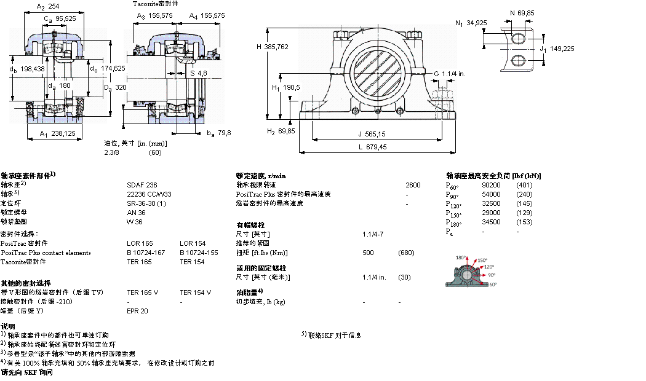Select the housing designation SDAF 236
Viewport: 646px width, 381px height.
pos(138,184)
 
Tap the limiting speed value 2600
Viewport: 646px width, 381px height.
pos(413,184)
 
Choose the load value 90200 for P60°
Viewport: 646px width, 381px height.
pos(491,185)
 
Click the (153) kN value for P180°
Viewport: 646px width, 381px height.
pos(524,222)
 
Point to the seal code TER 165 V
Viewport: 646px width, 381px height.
pos(142,293)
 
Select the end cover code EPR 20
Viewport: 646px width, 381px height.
pos(137,311)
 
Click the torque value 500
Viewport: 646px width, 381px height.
pos(368,253)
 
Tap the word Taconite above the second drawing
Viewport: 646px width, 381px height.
pos(145,4)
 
